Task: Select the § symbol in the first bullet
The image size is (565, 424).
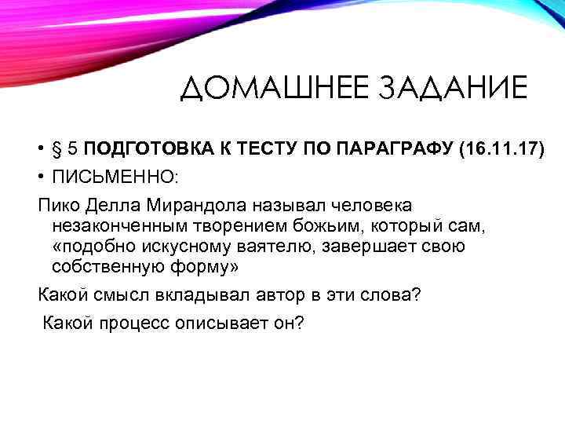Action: click(59, 149)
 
